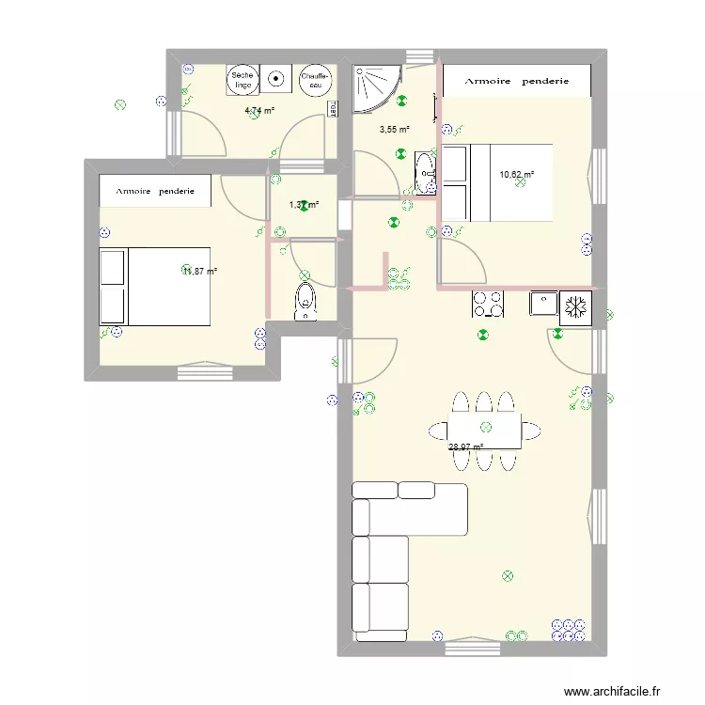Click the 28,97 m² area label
(466, 447)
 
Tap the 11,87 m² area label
(199, 271)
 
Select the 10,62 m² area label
(516, 174)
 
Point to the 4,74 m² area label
(259, 110)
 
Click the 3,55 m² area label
(395, 130)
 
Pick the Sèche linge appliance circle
(243, 80)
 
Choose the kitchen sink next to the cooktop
(543, 304)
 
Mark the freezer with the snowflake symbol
(575, 305)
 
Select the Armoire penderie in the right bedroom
(517, 81)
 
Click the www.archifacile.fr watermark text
(611, 689)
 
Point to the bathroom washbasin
(425, 175)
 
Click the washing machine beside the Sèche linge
(276, 80)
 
